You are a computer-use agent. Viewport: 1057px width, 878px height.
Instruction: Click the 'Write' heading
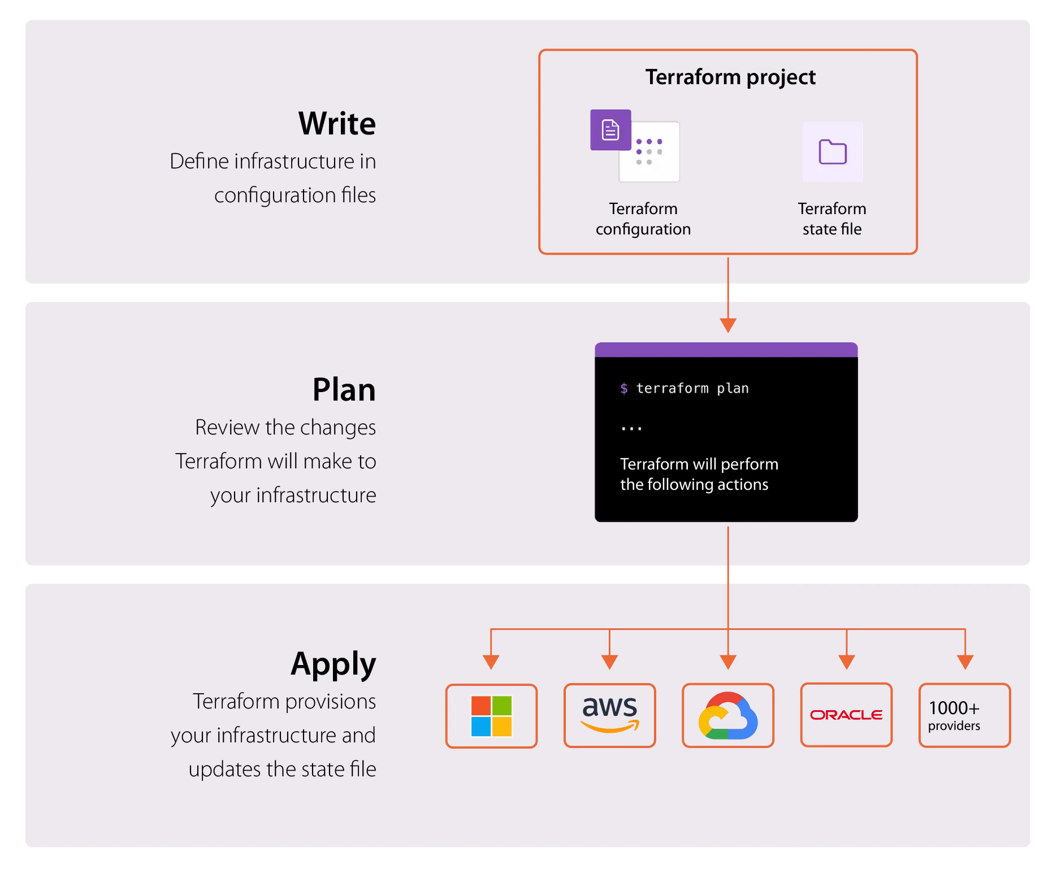pos(337,123)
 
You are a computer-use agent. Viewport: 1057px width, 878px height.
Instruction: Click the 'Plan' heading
pos(344,390)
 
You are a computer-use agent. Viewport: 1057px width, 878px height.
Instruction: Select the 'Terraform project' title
pos(730,77)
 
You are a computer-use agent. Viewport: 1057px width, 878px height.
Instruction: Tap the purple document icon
pos(610,130)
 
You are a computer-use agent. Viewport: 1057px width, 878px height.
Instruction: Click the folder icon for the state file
pos(832,152)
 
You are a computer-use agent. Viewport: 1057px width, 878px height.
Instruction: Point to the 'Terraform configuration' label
pos(643,219)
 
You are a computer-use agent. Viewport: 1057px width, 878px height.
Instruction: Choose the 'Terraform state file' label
pos(831,219)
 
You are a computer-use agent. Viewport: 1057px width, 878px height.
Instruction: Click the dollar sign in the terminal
pos(623,388)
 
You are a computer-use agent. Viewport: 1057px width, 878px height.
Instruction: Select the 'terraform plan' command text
pos(692,388)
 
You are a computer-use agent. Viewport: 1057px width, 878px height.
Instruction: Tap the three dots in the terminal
pos(631,429)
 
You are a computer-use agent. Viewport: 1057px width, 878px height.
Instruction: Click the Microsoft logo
pos(491,716)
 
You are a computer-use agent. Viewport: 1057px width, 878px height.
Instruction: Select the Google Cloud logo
pos(728,716)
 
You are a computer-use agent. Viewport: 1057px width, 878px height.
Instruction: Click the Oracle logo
pos(846,715)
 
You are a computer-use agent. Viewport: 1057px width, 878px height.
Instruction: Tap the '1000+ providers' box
pos(964,715)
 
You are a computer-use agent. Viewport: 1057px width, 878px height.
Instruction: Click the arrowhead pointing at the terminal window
pos(728,325)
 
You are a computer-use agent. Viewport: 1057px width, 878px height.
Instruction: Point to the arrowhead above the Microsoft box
pos(491,662)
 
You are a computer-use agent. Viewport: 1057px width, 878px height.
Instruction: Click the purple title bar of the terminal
pos(726,350)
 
